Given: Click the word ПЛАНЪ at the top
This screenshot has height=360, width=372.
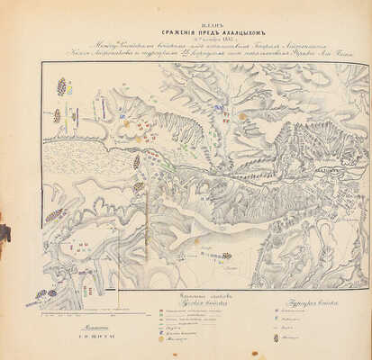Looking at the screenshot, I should pos(187,9).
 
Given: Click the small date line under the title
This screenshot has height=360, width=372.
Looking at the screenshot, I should pos(186,28).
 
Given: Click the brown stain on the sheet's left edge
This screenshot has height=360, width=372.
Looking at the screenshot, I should pos(4,233).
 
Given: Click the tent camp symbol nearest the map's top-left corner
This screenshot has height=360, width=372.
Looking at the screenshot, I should pos(60,86).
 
